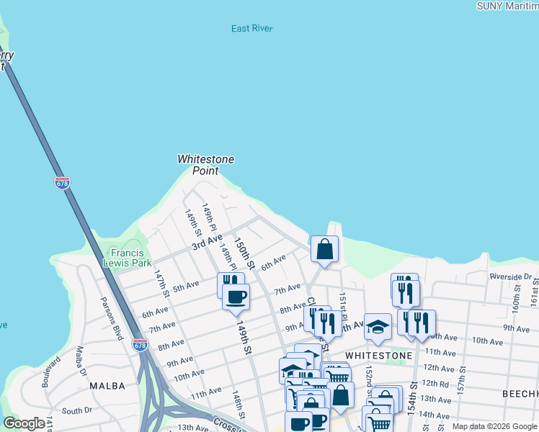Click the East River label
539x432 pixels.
(252, 29)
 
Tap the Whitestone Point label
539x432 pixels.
(206, 165)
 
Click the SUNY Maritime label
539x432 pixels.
(507, 6)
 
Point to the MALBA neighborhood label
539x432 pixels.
(108, 386)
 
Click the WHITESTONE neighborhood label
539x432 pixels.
(378, 356)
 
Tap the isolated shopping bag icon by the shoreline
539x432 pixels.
(325, 249)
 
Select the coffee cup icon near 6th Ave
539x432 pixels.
(236, 296)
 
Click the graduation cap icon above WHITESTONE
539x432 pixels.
(378, 327)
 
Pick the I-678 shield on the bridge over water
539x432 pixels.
(62, 183)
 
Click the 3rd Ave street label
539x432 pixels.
(207, 242)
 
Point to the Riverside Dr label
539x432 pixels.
(510, 276)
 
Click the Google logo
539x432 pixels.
(24, 423)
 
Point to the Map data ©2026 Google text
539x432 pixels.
(494, 426)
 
